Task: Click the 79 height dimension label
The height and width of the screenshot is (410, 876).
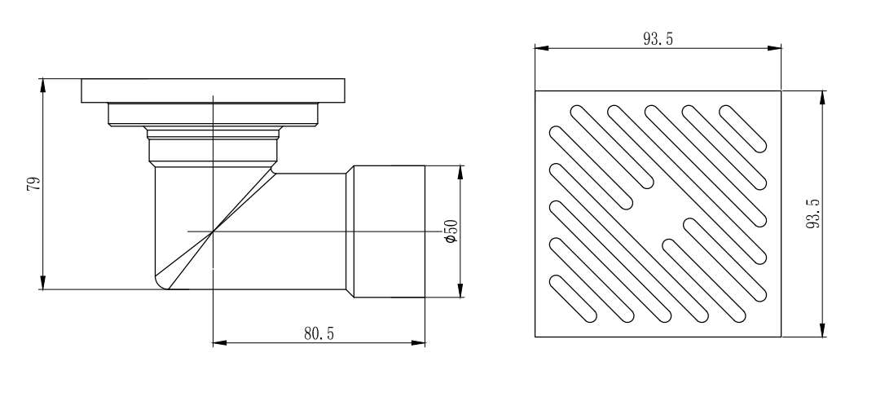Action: (35, 184)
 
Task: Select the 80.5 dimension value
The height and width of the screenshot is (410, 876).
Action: (319, 333)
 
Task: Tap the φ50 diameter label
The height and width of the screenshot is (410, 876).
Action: (451, 231)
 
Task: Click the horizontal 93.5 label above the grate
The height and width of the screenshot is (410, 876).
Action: (658, 38)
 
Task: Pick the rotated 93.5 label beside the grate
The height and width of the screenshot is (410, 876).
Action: (813, 214)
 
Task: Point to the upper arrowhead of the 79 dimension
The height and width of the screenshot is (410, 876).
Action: (43, 86)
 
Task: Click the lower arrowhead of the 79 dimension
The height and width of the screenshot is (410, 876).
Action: (43, 283)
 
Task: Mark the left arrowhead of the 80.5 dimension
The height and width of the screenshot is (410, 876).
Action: (220, 342)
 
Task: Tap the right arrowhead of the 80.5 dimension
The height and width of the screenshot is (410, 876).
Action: (418, 342)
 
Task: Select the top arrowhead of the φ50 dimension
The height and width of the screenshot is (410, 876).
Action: (460, 172)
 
